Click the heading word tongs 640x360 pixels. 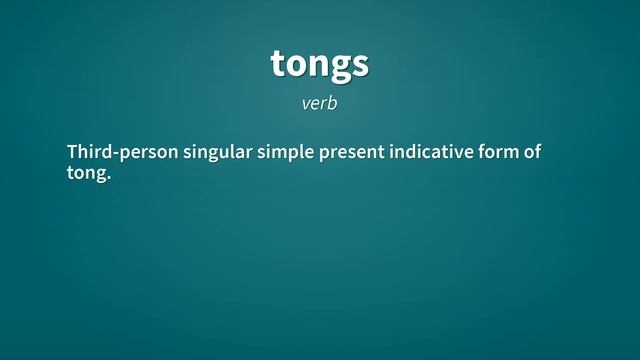tap(319, 64)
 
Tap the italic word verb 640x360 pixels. tap(320, 103)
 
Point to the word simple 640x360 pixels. tap(286, 152)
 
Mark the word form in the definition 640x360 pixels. tap(499, 152)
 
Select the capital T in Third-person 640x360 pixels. tap(72, 152)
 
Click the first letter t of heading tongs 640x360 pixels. tap(278, 64)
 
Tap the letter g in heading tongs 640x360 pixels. tap(339, 67)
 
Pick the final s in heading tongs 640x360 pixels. tap(360, 65)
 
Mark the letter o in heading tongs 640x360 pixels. tap(296, 65)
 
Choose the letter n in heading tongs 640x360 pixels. tap(318, 65)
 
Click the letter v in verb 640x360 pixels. tap(306, 104)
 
